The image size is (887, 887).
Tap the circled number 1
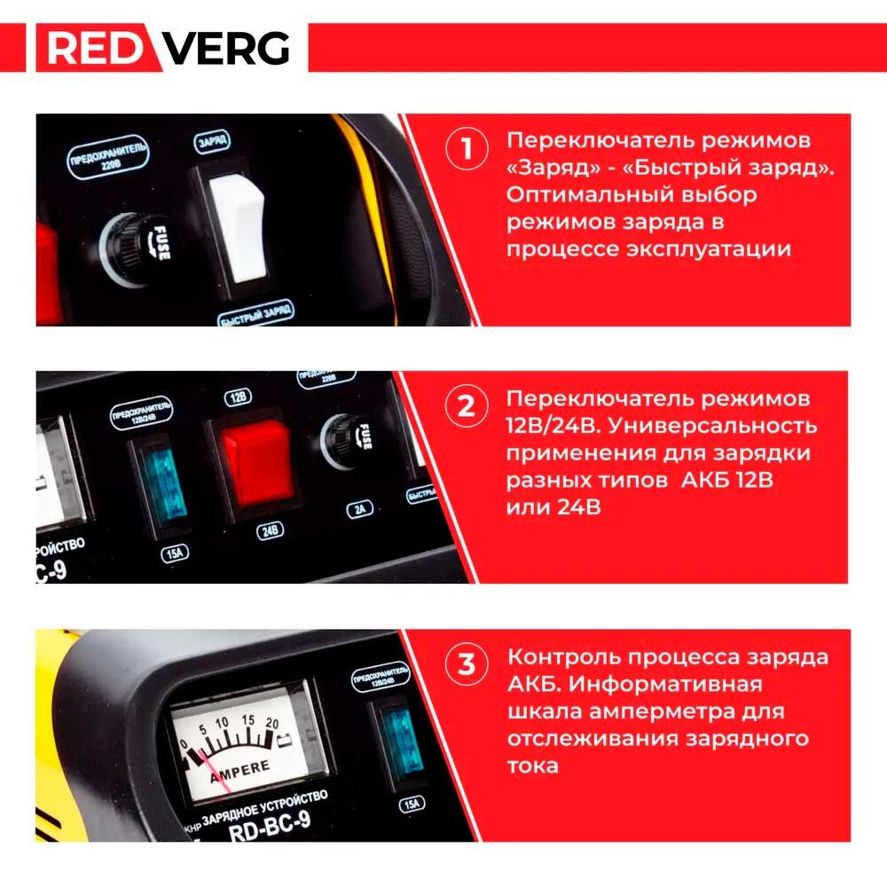tap(467, 149)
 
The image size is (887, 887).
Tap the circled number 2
tap(467, 407)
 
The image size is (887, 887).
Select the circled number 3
tap(467, 664)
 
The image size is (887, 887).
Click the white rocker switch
tap(238, 229)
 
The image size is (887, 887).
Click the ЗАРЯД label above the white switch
tap(212, 141)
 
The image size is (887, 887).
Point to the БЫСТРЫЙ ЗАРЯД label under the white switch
tap(256, 313)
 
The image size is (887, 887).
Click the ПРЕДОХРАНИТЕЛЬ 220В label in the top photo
tap(108, 157)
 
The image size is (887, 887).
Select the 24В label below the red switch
tap(270, 530)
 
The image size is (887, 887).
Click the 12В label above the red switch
tap(238, 397)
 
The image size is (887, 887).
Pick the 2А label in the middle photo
tap(360, 509)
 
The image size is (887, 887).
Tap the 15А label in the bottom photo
tap(412, 804)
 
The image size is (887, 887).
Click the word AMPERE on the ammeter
tap(239, 773)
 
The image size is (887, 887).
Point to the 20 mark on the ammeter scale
tap(272, 723)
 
